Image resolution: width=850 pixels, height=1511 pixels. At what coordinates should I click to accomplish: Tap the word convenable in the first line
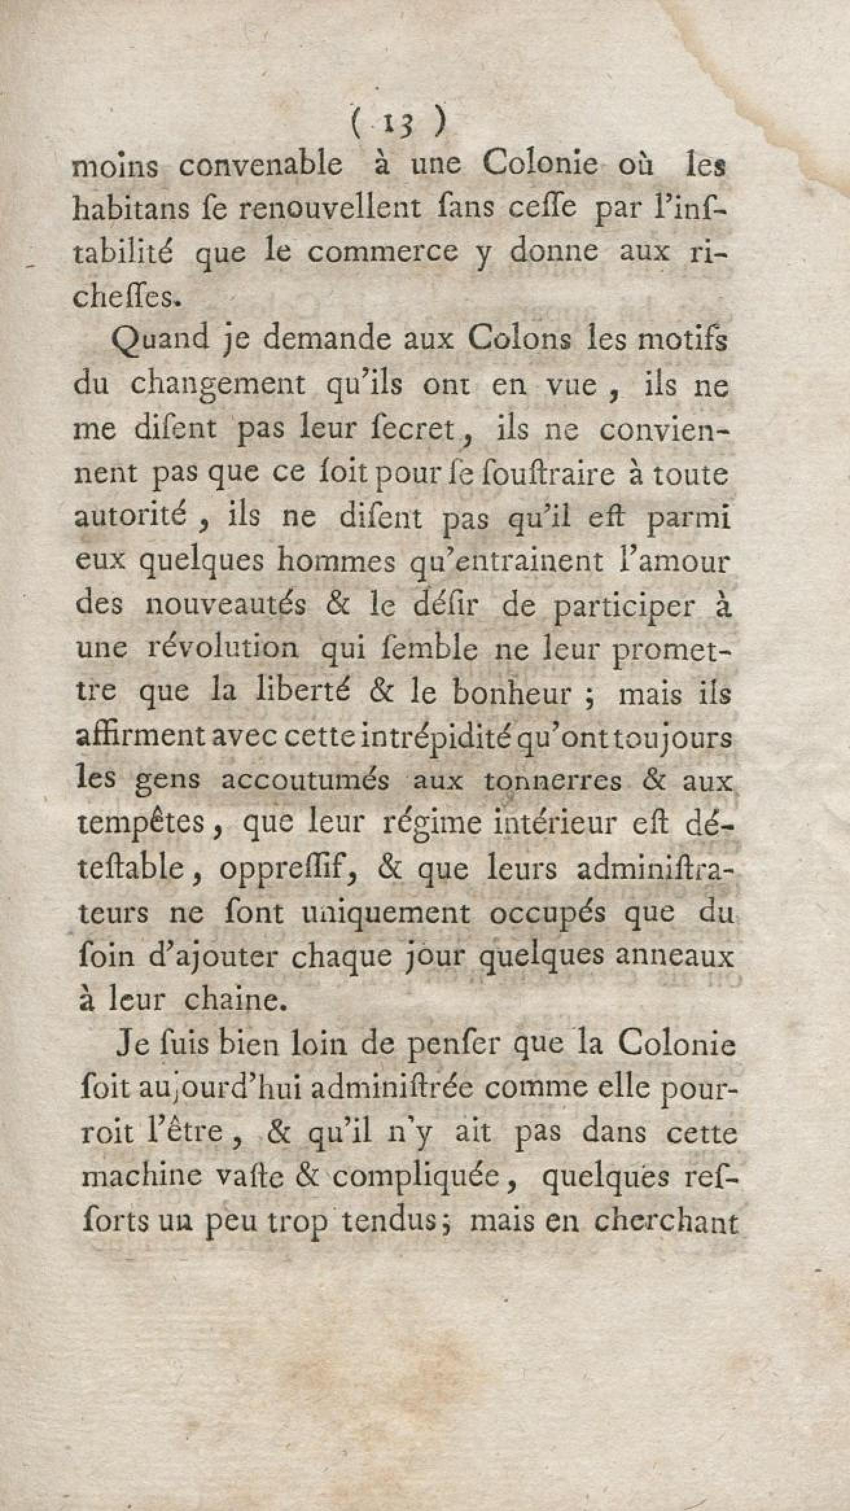coord(260,165)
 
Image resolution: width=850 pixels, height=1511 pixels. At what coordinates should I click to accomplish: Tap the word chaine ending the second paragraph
coord(235,999)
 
